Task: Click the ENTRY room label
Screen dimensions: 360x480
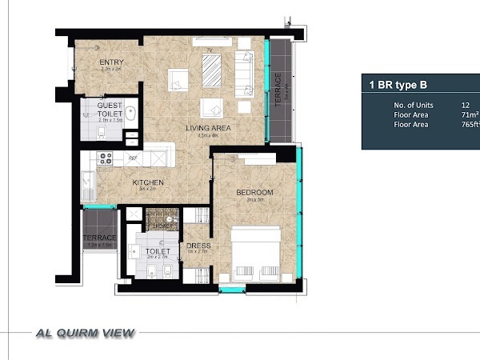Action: coord(110,62)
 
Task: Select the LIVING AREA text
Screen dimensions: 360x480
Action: coord(208,128)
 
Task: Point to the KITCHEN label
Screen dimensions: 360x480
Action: coord(148,182)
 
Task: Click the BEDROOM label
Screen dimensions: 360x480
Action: coord(254,192)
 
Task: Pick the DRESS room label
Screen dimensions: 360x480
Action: coord(198,246)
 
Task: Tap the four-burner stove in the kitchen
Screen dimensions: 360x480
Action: coord(105,158)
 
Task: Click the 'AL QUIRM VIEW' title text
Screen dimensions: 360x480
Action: coord(80,333)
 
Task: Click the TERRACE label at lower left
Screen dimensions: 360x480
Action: coord(100,238)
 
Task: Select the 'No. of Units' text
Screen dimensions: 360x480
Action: coord(413,105)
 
